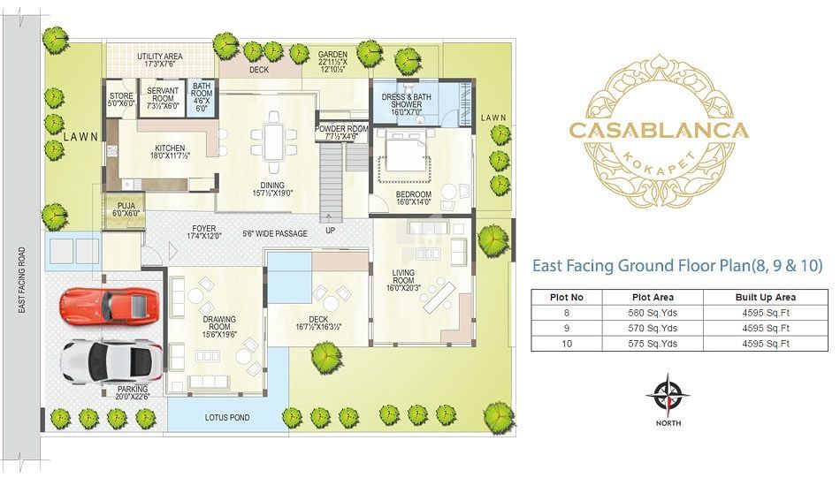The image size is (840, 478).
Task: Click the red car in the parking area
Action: click(x=110, y=307)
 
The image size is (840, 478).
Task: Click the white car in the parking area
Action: click(x=111, y=362)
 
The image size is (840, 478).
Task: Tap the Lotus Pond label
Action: click(x=227, y=418)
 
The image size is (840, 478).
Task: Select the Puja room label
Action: click(x=126, y=209)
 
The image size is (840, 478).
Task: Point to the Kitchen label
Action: click(x=170, y=152)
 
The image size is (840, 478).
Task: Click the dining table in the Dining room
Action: click(x=274, y=140)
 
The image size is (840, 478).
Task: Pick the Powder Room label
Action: click(x=341, y=133)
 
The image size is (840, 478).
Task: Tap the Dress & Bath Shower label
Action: click(x=406, y=104)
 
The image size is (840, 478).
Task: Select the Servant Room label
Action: click(x=163, y=98)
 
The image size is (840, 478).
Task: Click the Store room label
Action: click(x=122, y=100)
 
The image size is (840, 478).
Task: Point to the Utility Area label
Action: click(x=160, y=60)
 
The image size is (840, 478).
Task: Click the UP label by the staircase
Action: click(x=331, y=231)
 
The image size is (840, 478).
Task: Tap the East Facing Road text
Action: click(x=22, y=279)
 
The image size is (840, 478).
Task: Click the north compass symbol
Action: click(x=668, y=397)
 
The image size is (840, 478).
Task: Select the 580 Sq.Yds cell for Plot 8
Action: click(x=653, y=313)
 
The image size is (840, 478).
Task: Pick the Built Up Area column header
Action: click(x=766, y=297)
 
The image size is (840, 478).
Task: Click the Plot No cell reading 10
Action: click(x=567, y=344)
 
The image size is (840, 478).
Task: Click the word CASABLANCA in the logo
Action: click(x=659, y=130)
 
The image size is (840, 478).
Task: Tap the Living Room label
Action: click(x=403, y=280)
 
